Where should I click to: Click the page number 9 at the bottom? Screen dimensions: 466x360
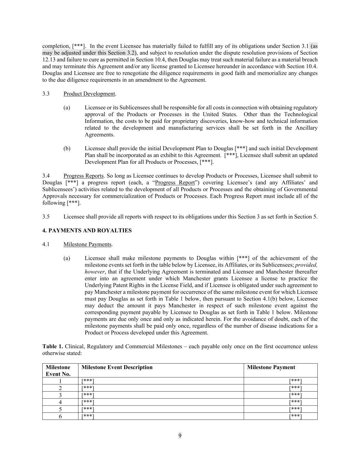tap(180, 435)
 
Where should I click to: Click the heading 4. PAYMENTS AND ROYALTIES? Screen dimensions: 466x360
tap(87, 230)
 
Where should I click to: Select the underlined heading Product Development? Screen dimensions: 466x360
tap(89, 94)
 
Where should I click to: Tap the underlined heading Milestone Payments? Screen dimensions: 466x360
tap(87, 244)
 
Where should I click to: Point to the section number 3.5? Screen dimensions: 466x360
tap(46, 216)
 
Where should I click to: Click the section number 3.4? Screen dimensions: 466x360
tap(46, 175)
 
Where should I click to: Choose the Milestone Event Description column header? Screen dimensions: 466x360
tap(117, 367)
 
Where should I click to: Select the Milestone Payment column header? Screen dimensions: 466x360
tap(271, 367)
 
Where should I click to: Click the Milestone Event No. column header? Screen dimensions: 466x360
tap(58, 370)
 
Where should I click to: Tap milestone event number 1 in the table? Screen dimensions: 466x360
tap(60, 381)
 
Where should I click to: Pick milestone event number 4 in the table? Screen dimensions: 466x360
tap(60, 402)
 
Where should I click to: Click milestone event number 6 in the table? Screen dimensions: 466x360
tap(60, 416)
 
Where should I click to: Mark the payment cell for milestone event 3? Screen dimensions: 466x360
tap(295, 395)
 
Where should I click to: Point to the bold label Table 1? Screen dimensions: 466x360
tap(53, 346)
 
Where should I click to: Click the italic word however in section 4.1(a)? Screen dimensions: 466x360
tap(95, 272)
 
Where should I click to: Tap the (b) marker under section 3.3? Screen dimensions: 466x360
tap(67, 148)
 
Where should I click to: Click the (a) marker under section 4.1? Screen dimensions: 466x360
tap(67, 258)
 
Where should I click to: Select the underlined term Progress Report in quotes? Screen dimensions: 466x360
tap(175, 182)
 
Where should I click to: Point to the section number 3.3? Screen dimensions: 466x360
tap(46, 94)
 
